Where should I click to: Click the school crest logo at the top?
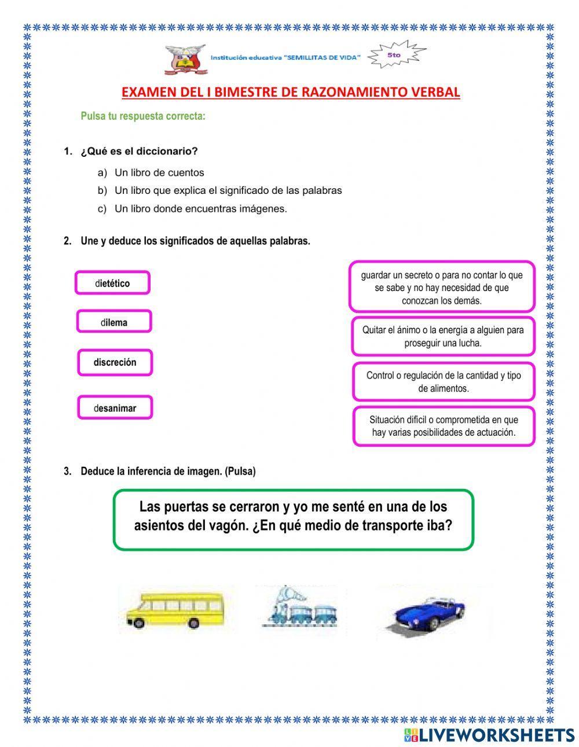185,59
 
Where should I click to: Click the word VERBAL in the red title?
435,92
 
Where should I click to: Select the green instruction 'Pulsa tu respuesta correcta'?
143,116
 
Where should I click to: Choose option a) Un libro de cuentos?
159,172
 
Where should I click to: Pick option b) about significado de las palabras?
228,190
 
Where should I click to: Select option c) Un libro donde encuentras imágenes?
200,209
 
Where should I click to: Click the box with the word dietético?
112,284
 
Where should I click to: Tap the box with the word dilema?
114,322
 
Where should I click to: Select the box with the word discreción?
115,363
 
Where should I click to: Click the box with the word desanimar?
115,408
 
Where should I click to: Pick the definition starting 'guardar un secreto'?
442,288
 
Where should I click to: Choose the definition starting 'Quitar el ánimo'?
443,336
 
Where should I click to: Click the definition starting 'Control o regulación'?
444,382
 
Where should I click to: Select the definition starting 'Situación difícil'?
444,426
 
